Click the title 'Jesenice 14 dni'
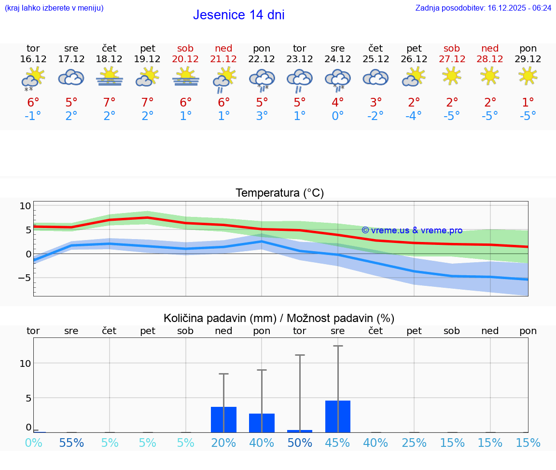click(x=238, y=15)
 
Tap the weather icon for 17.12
click(x=71, y=77)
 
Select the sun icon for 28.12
click(x=490, y=76)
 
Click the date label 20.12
click(x=185, y=59)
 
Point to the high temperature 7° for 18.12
click(x=110, y=102)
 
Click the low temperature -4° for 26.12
click(x=414, y=116)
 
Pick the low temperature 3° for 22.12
click(x=262, y=116)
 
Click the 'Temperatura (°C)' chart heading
click(x=279, y=193)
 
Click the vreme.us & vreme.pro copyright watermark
click(x=412, y=230)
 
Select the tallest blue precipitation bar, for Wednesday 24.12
click(x=338, y=416)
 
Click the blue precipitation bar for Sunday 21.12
click(x=223, y=419)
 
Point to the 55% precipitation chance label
click(x=71, y=443)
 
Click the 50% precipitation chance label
click(x=300, y=443)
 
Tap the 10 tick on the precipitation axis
click(x=26, y=363)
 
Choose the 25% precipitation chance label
click(x=414, y=443)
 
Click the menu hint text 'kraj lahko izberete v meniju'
click(x=54, y=8)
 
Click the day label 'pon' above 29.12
click(x=528, y=48)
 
